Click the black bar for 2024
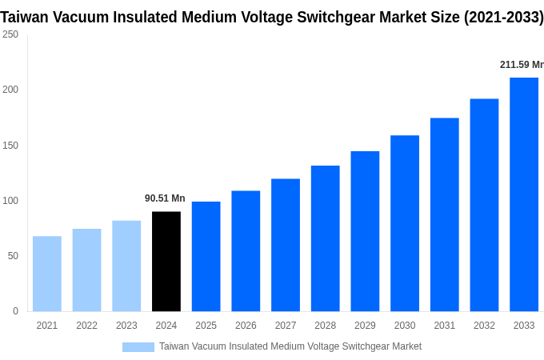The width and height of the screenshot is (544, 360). pyautogui.click(x=166, y=262)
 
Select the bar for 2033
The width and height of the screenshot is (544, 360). pyautogui.click(x=524, y=194)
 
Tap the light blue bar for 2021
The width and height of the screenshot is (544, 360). pyautogui.click(x=47, y=274)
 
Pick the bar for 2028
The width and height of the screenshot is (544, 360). pyautogui.click(x=325, y=238)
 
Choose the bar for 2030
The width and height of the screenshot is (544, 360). pyautogui.click(x=405, y=223)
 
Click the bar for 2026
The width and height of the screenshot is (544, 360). pyautogui.click(x=246, y=251)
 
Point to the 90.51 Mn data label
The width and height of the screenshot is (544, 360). pyautogui.click(x=165, y=198)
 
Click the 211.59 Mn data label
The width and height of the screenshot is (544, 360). pyautogui.click(x=521, y=65)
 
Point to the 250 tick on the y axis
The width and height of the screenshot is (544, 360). pyautogui.click(x=10, y=34)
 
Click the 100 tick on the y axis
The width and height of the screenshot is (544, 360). pyautogui.click(x=10, y=201)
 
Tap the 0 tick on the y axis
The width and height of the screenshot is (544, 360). pyautogui.click(x=15, y=311)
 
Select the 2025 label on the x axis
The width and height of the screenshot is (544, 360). pyautogui.click(x=206, y=326)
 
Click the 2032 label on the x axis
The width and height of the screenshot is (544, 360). pyautogui.click(x=484, y=326)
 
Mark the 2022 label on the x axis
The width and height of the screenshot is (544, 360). pyautogui.click(x=86, y=326)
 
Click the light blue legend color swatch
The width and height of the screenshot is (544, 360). pyautogui.click(x=138, y=347)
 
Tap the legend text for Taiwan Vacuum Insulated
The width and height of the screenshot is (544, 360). pyautogui.click(x=290, y=346)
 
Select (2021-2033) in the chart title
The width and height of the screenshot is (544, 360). pyautogui.click(x=503, y=17)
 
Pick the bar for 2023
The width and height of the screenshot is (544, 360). pyautogui.click(x=126, y=266)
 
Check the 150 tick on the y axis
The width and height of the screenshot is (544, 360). pyautogui.click(x=10, y=146)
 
